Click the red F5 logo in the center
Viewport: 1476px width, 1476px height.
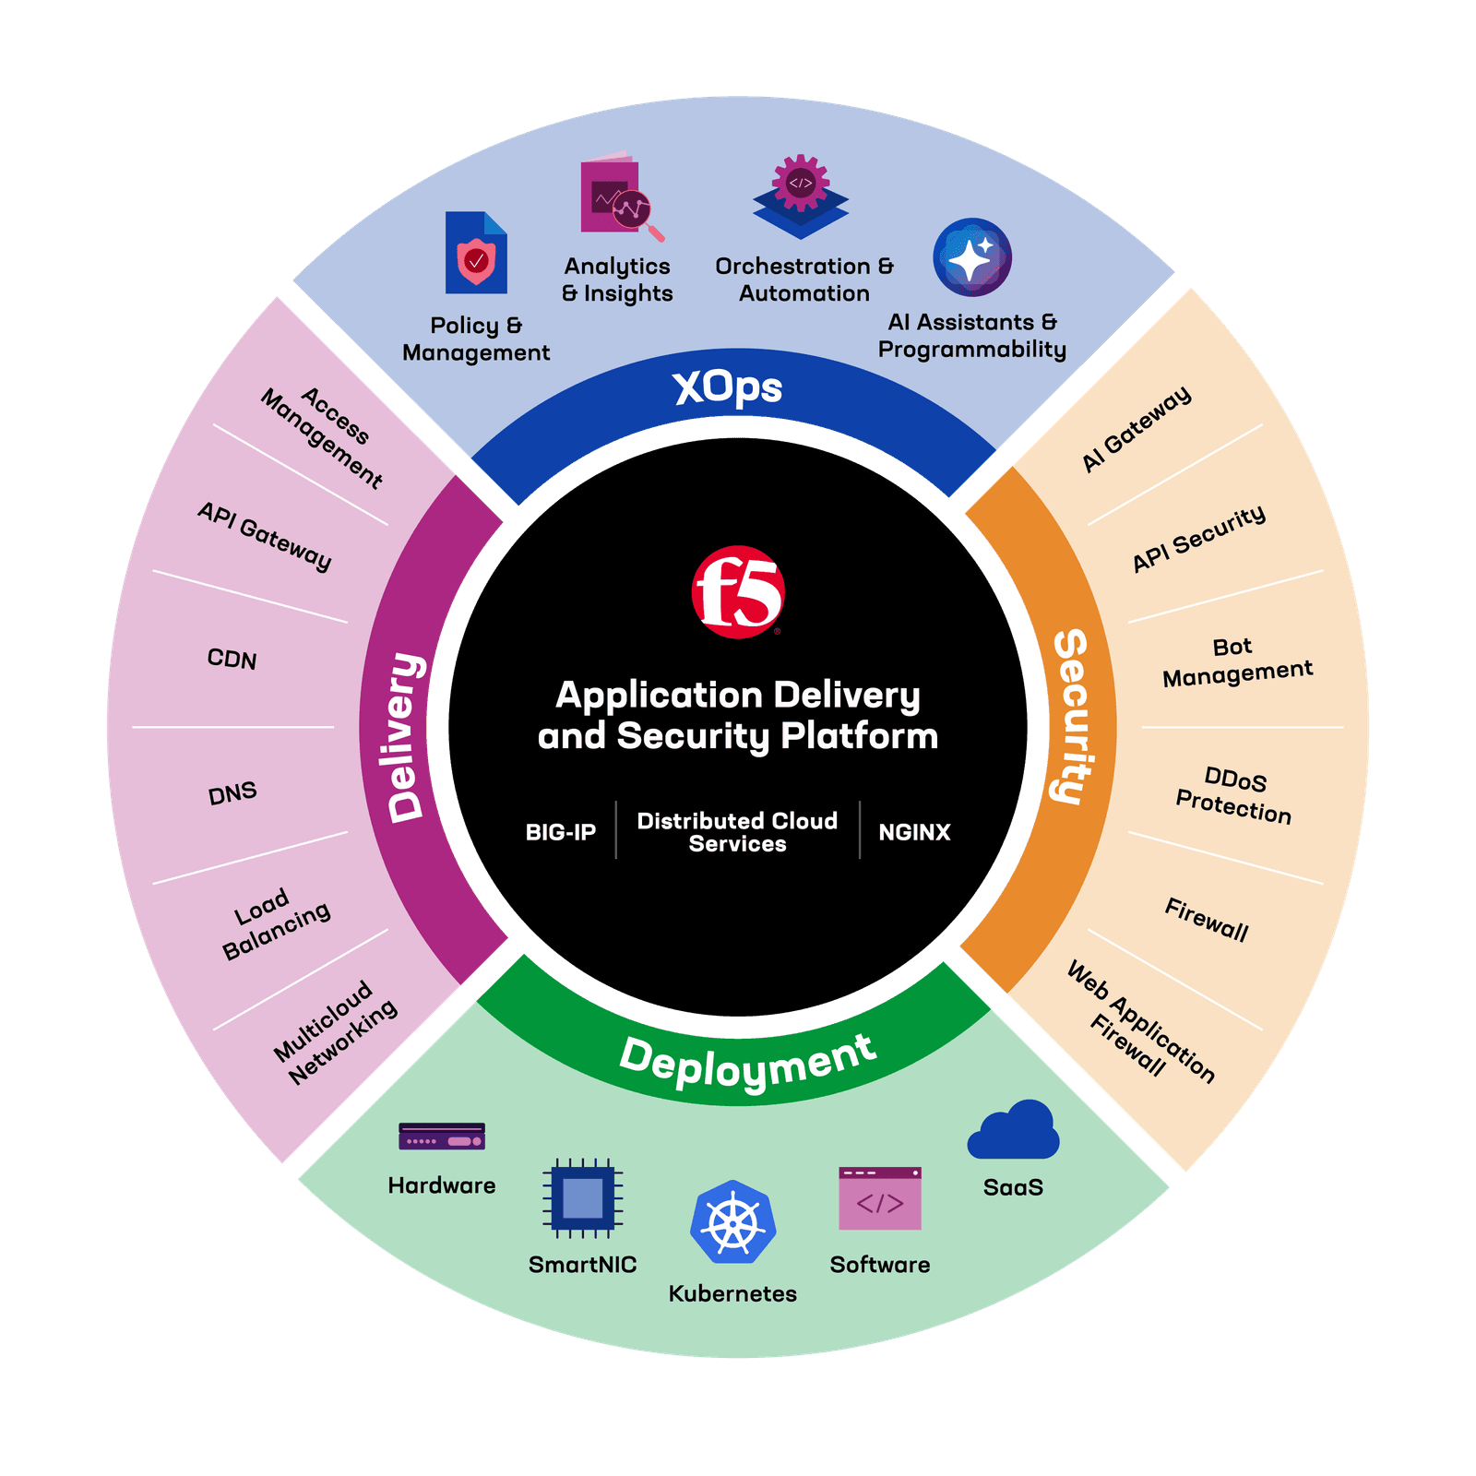tap(738, 592)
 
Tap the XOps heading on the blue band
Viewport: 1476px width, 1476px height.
tap(728, 388)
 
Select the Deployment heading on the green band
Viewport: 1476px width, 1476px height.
tap(747, 1062)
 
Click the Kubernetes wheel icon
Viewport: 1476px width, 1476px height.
tap(733, 1222)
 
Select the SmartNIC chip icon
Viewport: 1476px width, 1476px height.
tap(583, 1197)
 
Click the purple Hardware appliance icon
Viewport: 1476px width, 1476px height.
tap(442, 1137)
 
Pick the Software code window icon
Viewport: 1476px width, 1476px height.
tap(880, 1198)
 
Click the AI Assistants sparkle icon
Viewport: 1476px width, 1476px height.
tap(972, 257)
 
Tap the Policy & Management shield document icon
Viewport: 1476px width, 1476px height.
tap(476, 253)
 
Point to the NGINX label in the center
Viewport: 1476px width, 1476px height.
tap(914, 832)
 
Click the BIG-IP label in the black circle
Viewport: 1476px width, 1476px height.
tap(561, 832)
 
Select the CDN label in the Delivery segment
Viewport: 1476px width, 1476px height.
tap(232, 659)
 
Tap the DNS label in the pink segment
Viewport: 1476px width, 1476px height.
tap(232, 792)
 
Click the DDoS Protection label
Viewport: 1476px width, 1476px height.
tap(1234, 794)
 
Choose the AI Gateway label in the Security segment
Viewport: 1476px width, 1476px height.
tap(1137, 430)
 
